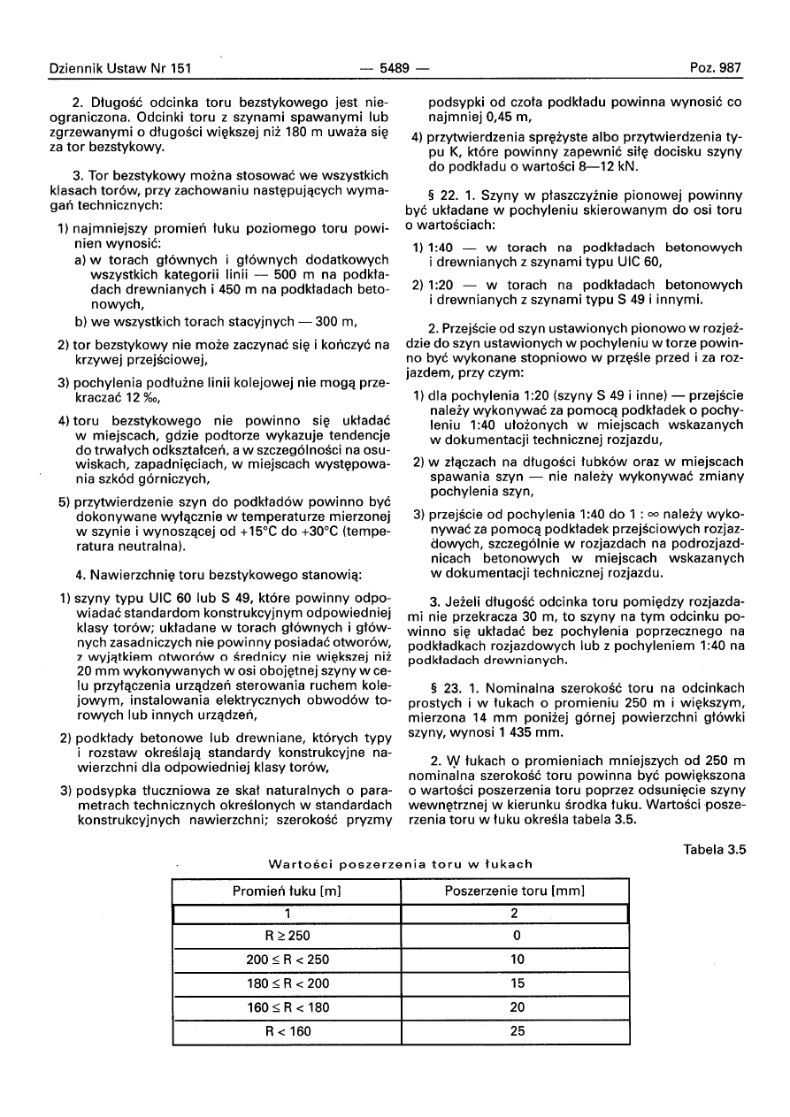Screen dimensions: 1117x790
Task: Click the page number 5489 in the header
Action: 395,68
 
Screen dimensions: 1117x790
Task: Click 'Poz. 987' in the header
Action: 717,68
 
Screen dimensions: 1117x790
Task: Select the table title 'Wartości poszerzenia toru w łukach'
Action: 400,864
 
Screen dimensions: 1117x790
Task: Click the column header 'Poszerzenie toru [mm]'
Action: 516,891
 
